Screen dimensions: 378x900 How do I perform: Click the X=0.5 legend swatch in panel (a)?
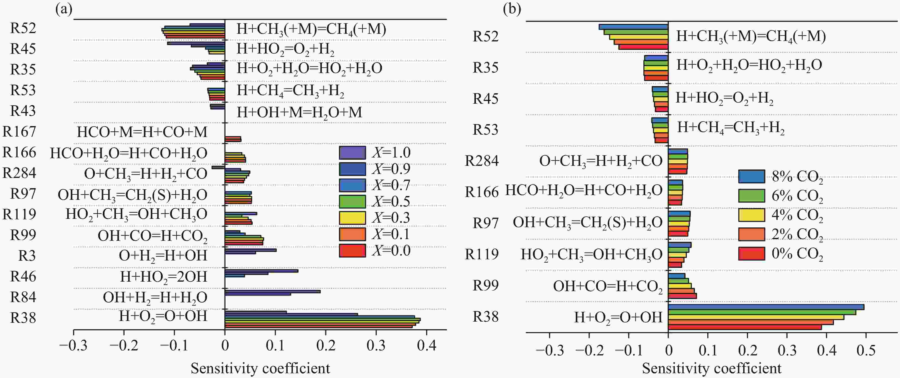(x=352, y=201)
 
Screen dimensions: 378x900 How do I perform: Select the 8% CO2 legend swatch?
(x=751, y=176)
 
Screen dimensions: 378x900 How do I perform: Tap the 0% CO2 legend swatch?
(x=751, y=253)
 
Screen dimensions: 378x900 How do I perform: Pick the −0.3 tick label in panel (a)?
(x=73, y=346)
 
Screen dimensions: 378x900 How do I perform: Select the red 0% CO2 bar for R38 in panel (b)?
(x=745, y=327)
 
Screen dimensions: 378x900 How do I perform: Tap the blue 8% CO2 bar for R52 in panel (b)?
(x=633, y=27)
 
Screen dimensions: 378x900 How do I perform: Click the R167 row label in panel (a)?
(x=19, y=132)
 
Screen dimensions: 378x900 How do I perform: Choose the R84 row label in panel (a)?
(x=23, y=297)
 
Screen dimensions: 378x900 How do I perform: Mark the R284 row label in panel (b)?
(x=481, y=161)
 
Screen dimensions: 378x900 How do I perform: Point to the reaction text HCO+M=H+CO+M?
(x=142, y=132)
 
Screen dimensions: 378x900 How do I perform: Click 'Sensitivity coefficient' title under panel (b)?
(x=712, y=368)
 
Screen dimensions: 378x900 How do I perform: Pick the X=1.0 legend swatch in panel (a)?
(x=352, y=152)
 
